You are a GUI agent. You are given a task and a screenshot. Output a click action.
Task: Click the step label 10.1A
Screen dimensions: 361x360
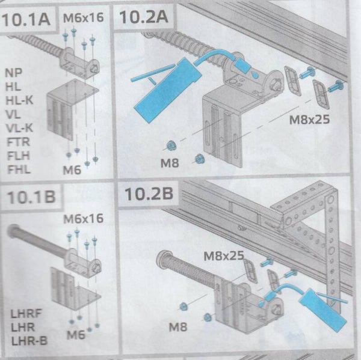pyautogui.click(x=26, y=19)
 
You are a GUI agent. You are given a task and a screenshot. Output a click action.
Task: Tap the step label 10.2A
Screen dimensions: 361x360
pyautogui.click(x=144, y=17)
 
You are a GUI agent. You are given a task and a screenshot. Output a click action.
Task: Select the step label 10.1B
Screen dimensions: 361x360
pyautogui.click(x=31, y=197)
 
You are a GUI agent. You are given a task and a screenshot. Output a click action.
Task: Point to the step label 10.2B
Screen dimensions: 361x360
pyautogui.click(x=149, y=194)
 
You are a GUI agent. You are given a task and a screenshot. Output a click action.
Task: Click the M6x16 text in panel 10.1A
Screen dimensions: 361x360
pyautogui.click(x=84, y=17)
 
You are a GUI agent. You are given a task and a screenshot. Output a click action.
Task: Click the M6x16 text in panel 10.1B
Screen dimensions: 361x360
pyautogui.click(x=84, y=218)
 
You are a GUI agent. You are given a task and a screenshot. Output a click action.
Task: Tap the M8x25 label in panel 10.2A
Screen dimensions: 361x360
pyautogui.click(x=309, y=120)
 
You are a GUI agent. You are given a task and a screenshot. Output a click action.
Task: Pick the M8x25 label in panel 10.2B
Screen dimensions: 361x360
pyautogui.click(x=224, y=256)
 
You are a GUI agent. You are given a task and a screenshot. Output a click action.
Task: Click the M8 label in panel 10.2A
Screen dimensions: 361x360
pyautogui.click(x=170, y=163)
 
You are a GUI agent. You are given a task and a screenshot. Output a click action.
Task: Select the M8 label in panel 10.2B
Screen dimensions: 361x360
pyautogui.click(x=178, y=327)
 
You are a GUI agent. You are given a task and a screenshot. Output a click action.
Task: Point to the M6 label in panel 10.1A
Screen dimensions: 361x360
pyautogui.click(x=72, y=170)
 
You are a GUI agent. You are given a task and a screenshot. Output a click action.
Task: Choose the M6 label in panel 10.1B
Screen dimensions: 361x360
pyautogui.click(x=76, y=335)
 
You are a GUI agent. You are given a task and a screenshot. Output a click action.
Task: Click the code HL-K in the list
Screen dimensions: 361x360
pyautogui.click(x=19, y=100)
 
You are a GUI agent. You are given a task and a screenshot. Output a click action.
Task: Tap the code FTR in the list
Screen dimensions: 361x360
pyautogui.click(x=18, y=142)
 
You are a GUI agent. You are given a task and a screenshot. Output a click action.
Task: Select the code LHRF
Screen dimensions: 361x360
pyautogui.click(x=26, y=314)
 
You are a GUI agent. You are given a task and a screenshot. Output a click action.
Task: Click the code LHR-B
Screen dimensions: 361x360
pyautogui.click(x=29, y=341)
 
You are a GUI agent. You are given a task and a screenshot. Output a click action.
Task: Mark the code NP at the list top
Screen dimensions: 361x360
pyautogui.click(x=14, y=73)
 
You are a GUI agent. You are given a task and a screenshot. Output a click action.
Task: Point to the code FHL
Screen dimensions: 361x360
pyautogui.click(x=19, y=169)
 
